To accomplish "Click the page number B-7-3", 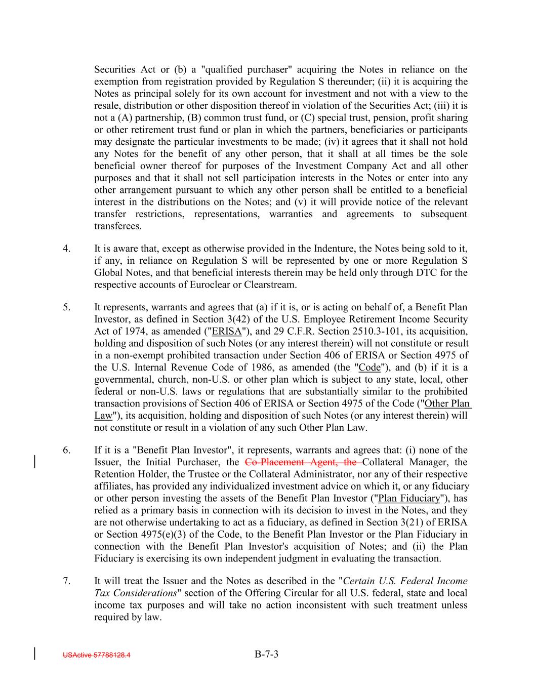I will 267,654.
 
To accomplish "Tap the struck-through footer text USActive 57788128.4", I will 96,655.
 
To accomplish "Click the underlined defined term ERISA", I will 227,332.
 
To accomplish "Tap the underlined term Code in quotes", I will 369,368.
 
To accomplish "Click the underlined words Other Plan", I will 447,403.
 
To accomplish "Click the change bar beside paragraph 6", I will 34,462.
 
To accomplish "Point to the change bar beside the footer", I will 34,654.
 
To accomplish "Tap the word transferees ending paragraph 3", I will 117,226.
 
